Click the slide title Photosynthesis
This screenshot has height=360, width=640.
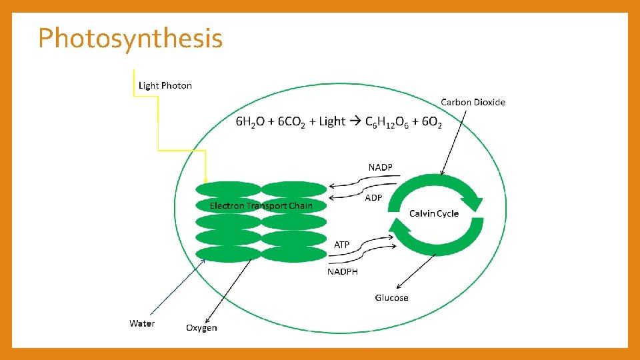point(130,39)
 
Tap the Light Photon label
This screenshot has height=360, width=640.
point(165,85)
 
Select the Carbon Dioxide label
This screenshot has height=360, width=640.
point(473,102)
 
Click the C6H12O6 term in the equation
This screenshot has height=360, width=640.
point(388,122)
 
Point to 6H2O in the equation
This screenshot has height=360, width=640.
point(251,122)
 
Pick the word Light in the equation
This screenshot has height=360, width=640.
point(332,121)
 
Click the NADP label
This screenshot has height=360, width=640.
point(381,167)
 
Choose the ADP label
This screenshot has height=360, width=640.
point(373,198)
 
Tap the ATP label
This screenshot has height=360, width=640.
point(341,245)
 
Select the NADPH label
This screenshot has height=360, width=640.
point(342,271)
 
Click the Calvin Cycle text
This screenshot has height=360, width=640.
point(434,213)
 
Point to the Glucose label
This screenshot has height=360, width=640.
point(391,297)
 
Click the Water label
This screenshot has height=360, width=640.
point(142,323)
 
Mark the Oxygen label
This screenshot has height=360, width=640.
point(201,327)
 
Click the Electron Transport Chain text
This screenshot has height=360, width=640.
point(261,205)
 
